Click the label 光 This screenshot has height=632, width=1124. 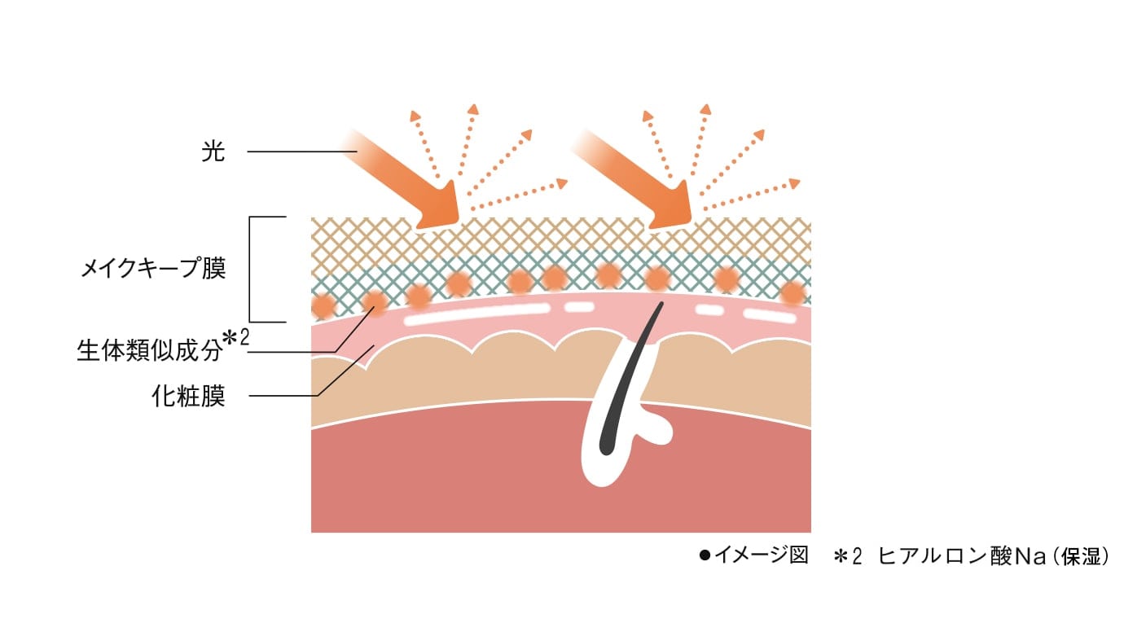(x=213, y=152)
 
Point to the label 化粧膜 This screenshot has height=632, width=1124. (x=187, y=397)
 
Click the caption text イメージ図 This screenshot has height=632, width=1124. (x=761, y=556)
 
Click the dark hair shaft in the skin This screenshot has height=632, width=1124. (x=632, y=375)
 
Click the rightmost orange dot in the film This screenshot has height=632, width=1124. (x=792, y=292)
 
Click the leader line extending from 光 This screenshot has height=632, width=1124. (x=301, y=152)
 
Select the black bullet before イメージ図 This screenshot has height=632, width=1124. (x=705, y=556)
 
